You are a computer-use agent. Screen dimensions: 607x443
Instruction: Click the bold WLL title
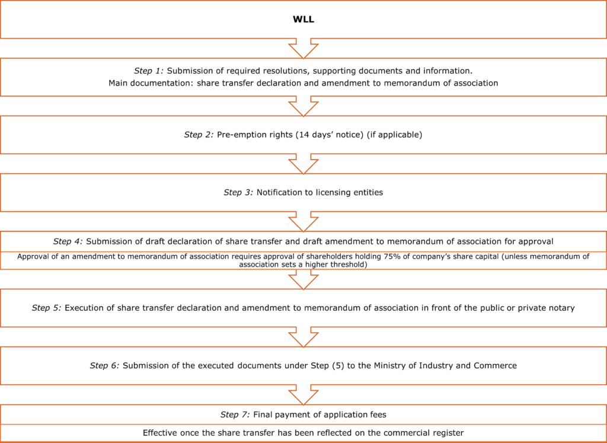pos(303,20)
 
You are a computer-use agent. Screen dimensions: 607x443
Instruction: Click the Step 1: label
pos(149,71)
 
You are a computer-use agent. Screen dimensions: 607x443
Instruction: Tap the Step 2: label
pos(199,135)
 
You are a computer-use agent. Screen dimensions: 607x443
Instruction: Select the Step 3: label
pos(238,193)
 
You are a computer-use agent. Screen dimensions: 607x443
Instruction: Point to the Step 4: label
pos(68,241)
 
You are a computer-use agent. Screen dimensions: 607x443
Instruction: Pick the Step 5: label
pos(46,308)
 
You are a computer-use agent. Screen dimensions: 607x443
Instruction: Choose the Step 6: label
pos(105,365)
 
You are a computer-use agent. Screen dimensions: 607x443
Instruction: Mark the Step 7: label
pos(235,415)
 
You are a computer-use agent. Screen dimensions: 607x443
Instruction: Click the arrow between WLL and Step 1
pos(303,49)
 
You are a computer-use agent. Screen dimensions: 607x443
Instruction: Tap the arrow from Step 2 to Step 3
pos(303,164)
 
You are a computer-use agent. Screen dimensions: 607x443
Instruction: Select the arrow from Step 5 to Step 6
pos(303,337)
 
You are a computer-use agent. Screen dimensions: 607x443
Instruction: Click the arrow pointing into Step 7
pos(303,394)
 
